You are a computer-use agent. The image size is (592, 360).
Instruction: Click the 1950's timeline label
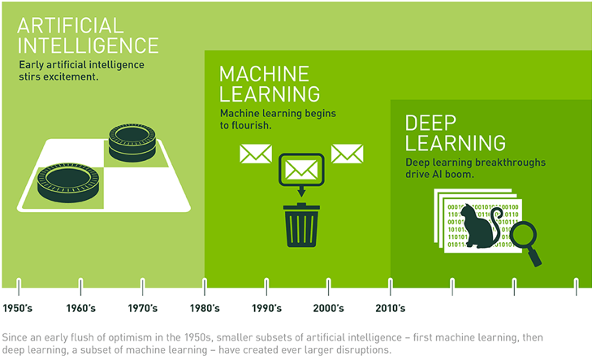tap(18, 309)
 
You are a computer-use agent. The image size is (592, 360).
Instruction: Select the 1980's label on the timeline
tap(205, 309)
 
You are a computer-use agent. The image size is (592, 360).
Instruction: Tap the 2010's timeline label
tap(391, 309)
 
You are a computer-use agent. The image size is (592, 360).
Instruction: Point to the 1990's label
tap(266, 309)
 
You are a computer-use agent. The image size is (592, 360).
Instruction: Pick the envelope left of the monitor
tap(254, 154)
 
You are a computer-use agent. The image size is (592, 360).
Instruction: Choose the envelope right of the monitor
tap(348, 154)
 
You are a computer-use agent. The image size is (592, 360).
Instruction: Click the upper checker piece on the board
tap(132, 138)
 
